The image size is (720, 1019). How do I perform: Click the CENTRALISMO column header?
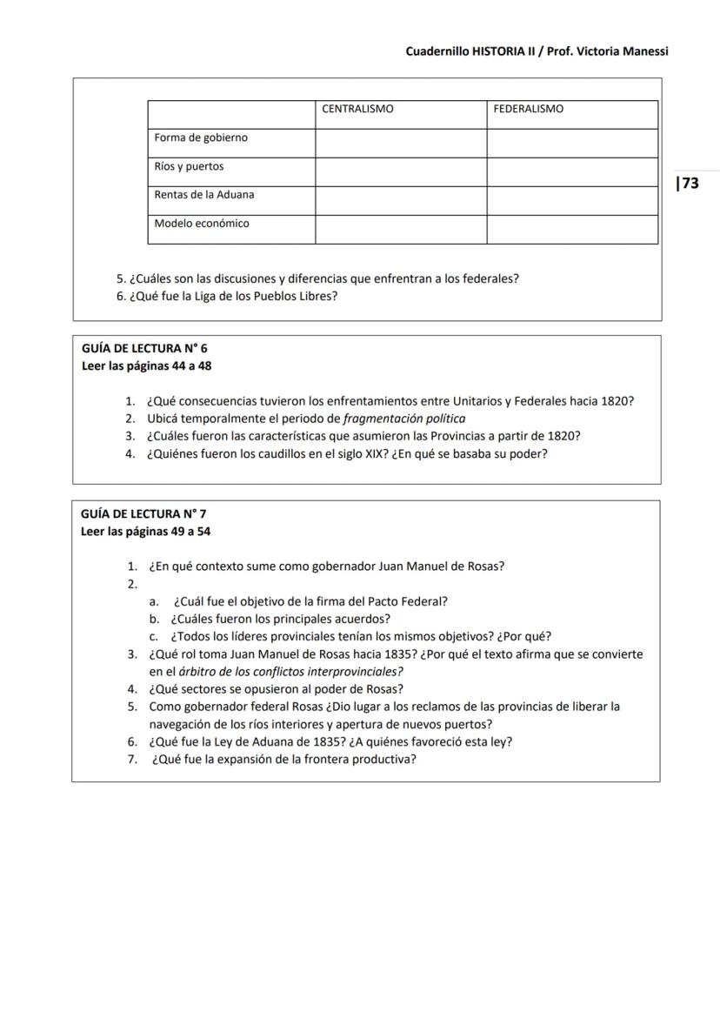(357, 110)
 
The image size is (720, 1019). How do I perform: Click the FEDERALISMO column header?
(528, 110)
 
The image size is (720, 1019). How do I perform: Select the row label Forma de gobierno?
(201, 138)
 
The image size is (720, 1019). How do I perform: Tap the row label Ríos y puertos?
(189, 167)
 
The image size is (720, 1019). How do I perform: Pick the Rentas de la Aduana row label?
(204, 196)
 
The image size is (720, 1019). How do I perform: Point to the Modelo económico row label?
(202, 225)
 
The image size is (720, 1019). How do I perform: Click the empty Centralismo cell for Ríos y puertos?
(400, 171)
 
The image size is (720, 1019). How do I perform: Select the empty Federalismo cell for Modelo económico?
(571, 229)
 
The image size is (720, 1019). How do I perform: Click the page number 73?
(689, 184)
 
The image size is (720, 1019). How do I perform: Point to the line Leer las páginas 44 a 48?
(146, 366)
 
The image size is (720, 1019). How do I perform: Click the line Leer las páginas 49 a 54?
(145, 532)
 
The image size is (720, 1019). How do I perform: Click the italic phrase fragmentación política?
(404, 419)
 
